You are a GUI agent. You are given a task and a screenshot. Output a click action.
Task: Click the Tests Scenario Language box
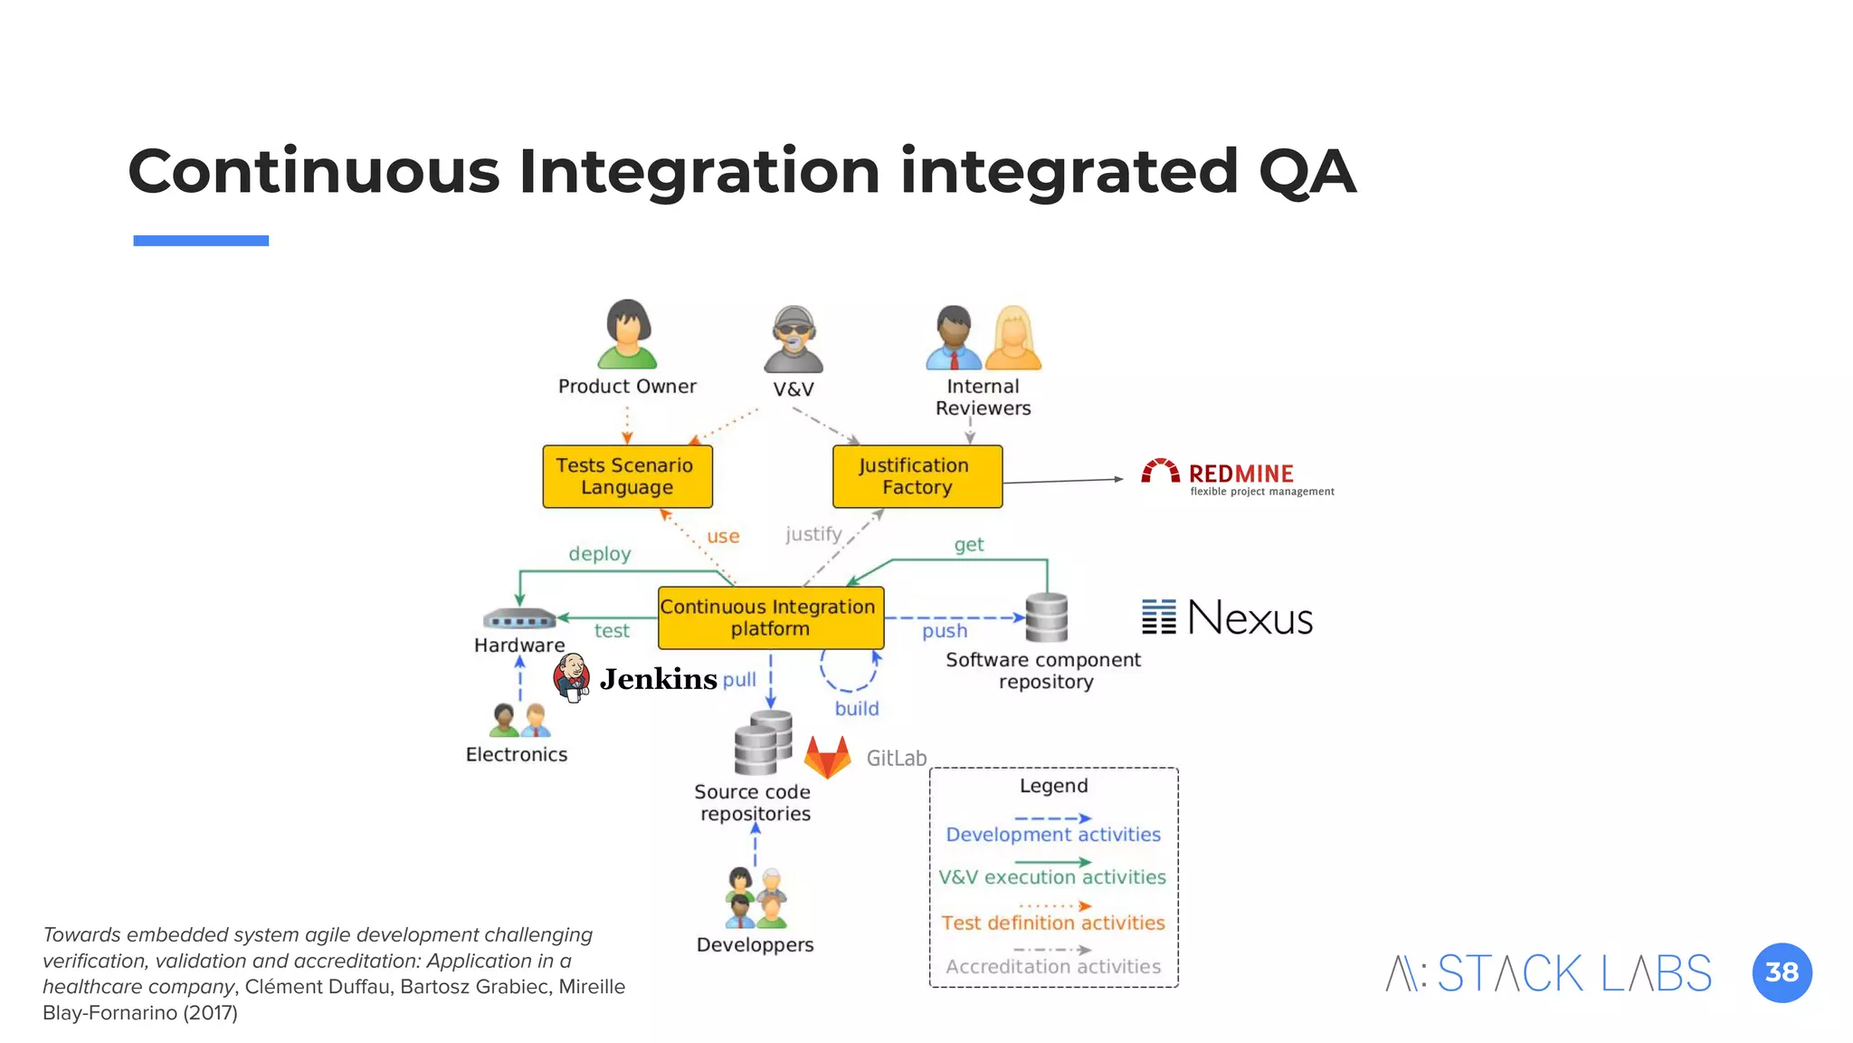click(x=627, y=476)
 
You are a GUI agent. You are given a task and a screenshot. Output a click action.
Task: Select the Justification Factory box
click(x=917, y=476)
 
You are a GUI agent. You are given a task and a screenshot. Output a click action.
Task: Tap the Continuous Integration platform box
click(x=770, y=617)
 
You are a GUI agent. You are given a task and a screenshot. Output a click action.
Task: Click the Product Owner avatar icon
click(x=627, y=334)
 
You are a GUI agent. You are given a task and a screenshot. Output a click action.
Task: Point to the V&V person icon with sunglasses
click(x=793, y=340)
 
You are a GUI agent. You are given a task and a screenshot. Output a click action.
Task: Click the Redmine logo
click(x=1236, y=477)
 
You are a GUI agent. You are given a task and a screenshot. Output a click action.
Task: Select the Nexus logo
click(x=1227, y=617)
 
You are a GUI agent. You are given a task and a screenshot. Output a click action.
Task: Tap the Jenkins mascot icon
click(x=572, y=678)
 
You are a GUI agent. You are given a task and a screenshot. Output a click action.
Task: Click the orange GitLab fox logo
click(x=828, y=757)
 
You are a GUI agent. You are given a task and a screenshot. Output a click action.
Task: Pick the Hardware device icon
click(x=519, y=619)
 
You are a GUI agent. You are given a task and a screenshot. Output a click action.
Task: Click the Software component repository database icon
click(x=1047, y=617)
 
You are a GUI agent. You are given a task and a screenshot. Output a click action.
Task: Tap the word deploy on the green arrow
click(x=599, y=553)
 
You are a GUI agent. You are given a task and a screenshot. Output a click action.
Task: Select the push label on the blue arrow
click(x=945, y=631)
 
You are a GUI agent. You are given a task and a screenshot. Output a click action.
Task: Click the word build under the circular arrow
click(x=856, y=708)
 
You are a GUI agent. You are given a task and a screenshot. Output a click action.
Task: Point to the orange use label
click(x=723, y=536)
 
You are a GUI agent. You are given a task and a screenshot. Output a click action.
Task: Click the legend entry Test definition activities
click(x=1053, y=923)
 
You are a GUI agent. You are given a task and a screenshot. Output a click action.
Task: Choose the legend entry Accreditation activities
click(x=1053, y=966)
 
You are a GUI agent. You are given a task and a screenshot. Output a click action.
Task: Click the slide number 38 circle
click(x=1781, y=972)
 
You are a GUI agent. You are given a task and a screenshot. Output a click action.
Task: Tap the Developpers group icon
click(x=756, y=898)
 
